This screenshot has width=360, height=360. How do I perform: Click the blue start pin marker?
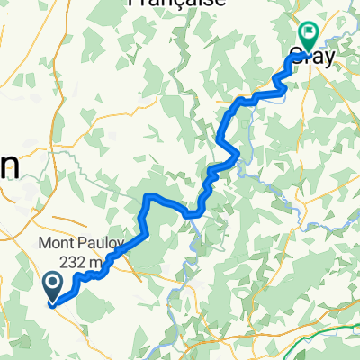(x=52, y=287)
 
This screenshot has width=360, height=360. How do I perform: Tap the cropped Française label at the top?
(x=175, y=4)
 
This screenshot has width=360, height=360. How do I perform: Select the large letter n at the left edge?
(x=9, y=164)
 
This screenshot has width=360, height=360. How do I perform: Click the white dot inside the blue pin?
(x=52, y=284)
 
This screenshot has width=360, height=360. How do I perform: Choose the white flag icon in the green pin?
(x=308, y=33)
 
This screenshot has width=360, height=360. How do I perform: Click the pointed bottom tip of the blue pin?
(x=52, y=301)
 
